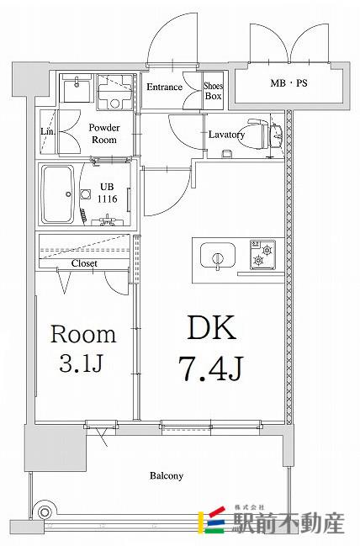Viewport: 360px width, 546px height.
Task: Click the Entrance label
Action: coord(164,87)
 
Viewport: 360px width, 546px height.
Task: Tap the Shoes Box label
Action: coord(214,91)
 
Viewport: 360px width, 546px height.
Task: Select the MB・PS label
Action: coord(289,83)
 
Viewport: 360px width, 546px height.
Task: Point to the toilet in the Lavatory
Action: coord(265,134)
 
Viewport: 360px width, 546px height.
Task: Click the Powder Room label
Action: coord(104,134)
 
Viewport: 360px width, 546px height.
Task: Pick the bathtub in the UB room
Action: coord(58,194)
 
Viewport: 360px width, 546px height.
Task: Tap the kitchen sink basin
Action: coord(218,255)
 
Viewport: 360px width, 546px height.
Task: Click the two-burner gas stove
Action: coord(262,255)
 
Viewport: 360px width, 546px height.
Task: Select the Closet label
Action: coord(84,263)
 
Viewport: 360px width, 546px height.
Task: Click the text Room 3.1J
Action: coord(83,349)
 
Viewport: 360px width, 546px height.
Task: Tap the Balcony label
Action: coord(167,475)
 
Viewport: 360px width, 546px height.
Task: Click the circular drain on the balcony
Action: coord(45,512)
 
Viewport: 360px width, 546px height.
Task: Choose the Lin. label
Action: coord(47,131)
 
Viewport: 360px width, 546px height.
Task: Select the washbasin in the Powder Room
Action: coord(77,88)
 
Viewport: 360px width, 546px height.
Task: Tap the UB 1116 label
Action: coord(107,193)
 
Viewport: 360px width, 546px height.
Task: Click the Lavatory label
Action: coord(226,135)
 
